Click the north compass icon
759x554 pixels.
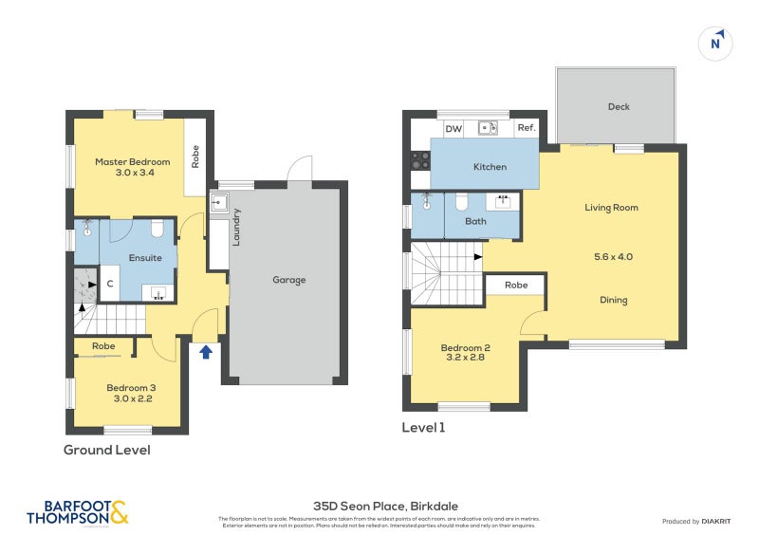coord(716,43)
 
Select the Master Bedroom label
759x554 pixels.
coord(132,162)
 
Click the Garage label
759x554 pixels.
coord(288,280)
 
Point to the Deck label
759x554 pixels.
coord(619,107)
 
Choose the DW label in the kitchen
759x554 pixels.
coord(454,128)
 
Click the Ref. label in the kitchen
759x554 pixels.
coord(527,128)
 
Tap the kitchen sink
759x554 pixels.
coord(489,127)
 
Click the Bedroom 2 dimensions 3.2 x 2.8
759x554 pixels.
coord(463,360)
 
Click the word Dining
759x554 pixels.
coord(613,301)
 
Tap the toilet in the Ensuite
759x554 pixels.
coord(158,229)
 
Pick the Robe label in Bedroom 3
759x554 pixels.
coord(103,346)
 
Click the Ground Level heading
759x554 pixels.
coord(106,450)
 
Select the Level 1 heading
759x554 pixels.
coord(423,428)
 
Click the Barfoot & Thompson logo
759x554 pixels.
coord(78,512)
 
